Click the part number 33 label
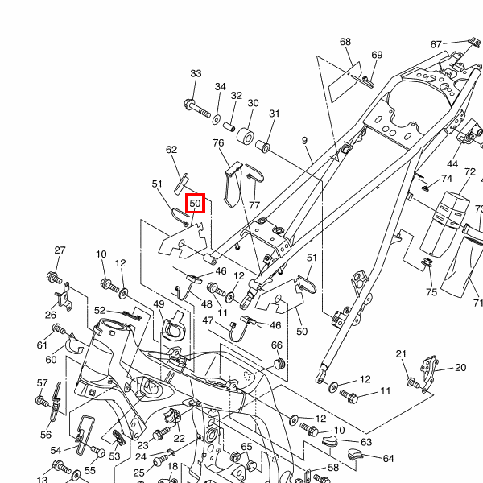tap(195, 74)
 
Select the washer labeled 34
tap(217, 119)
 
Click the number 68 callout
tap(345, 42)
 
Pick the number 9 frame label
tap(305, 141)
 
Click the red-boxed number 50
tap(195, 204)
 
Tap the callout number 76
tap(218, 143)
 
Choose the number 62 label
tap(171, 150)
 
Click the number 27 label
tap(60, 250)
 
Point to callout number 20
tap(460, 368)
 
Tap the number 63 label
tap(365, 442)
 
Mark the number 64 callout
tap(389, 459)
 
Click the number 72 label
tap(470, 172)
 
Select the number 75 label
tap(431, 292)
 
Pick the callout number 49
tap(159, 304)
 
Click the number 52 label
tap(100, 310)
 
